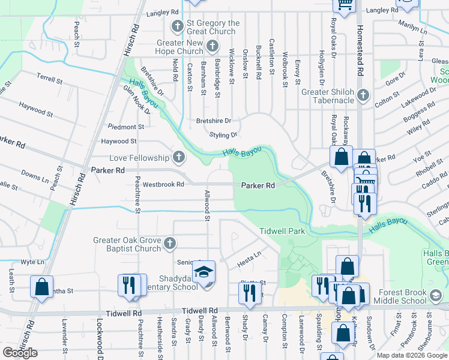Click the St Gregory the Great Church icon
pos(177,26)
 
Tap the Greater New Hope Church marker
pos(212,46)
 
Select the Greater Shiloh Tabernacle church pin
pos(363,95)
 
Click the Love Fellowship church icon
pos(178,158)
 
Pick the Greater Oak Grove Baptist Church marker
pos(170,244)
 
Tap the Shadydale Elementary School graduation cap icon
pos(204,272)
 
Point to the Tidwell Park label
pos(282,231)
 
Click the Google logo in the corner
pos(20,352)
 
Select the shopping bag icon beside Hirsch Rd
pos(41,287)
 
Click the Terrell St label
pos(49,79)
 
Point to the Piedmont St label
pos(126,127)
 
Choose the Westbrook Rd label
pos(163,184)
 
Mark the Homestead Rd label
pos(361,54)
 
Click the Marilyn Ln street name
pos(414,28)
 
